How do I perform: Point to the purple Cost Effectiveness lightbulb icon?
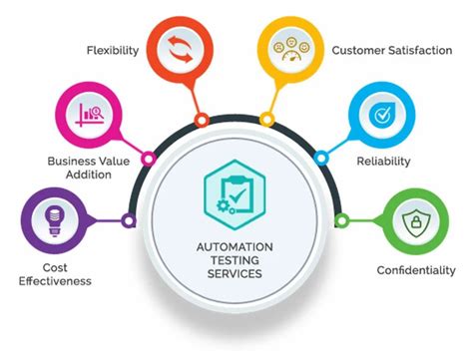(49, 220)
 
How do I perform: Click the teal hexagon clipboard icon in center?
(232, 184)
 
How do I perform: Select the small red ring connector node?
(202, 120)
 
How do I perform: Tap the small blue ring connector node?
(321, 158)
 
